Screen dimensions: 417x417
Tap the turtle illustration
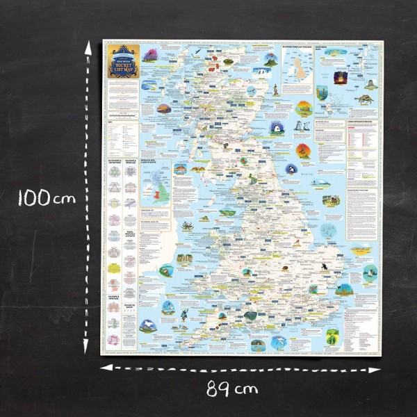[x=361, y=99]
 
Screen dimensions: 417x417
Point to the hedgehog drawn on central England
[x=286, y=267]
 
